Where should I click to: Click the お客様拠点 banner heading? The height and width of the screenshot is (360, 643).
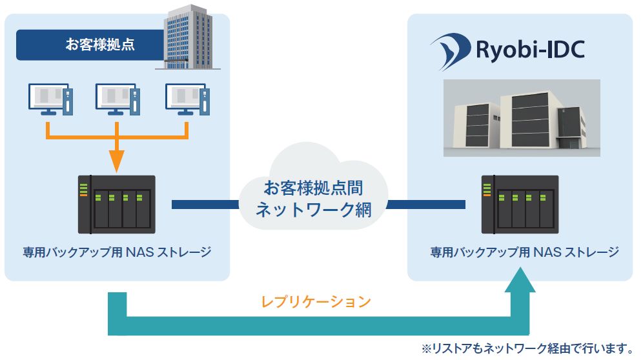point(100,45)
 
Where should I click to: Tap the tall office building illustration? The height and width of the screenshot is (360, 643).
point(189,37)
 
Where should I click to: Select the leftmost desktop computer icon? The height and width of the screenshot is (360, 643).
point(50,99)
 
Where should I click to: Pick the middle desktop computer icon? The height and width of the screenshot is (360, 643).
point(117,99)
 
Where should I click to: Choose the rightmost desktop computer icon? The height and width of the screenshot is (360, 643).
point(187,99)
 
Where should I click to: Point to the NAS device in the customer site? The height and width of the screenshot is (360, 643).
point(117,204)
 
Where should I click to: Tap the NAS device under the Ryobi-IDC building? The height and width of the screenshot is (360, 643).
point(520,204)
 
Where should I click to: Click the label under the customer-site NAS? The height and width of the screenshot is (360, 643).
point(117,252)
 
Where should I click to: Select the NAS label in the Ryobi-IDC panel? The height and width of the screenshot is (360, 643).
point(524,252)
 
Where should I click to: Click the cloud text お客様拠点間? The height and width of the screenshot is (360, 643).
point(313,188)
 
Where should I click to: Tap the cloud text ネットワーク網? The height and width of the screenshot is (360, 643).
point(313,210)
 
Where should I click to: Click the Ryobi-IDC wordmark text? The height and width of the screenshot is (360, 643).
point(530,50)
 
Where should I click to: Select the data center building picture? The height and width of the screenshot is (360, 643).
point(522,118)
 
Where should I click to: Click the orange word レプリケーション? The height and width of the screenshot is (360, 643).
point(316,302)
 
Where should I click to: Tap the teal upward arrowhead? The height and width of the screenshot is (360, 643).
point(520,279)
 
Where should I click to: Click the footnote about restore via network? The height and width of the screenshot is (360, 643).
point(528,348)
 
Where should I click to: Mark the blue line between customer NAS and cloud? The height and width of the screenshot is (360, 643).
point(205,204)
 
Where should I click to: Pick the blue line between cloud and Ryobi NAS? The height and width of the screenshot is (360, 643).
point(426,204)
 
